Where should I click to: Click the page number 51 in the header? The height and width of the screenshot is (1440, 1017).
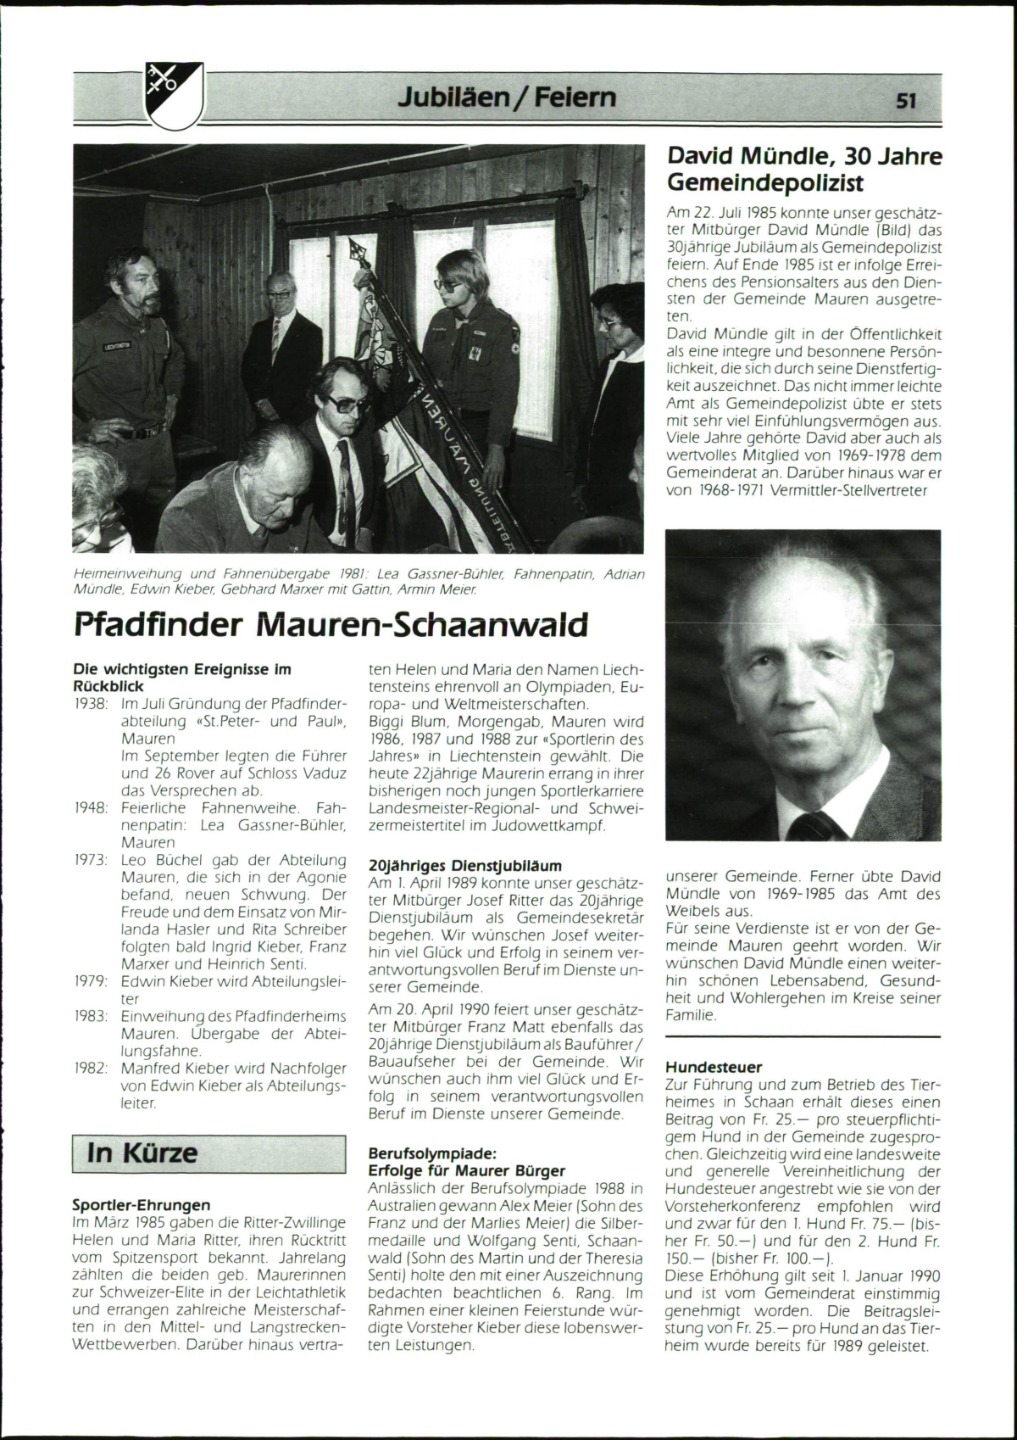pos(906,101)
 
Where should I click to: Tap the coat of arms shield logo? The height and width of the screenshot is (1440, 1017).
pos(174,94)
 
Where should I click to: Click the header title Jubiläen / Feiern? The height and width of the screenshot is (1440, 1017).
pos(507,98)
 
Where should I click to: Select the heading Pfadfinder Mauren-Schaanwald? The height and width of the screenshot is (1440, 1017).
pos(330,626)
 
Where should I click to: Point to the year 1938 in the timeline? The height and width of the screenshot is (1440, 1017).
pos(90,704)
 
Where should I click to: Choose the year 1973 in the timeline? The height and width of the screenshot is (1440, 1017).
pos(90,860)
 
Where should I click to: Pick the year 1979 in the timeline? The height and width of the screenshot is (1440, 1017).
pos(90,981)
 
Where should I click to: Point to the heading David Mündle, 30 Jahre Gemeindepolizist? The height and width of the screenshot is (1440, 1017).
pos(803,169)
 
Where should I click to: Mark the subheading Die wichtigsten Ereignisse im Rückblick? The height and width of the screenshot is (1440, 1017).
pos(182,677)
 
